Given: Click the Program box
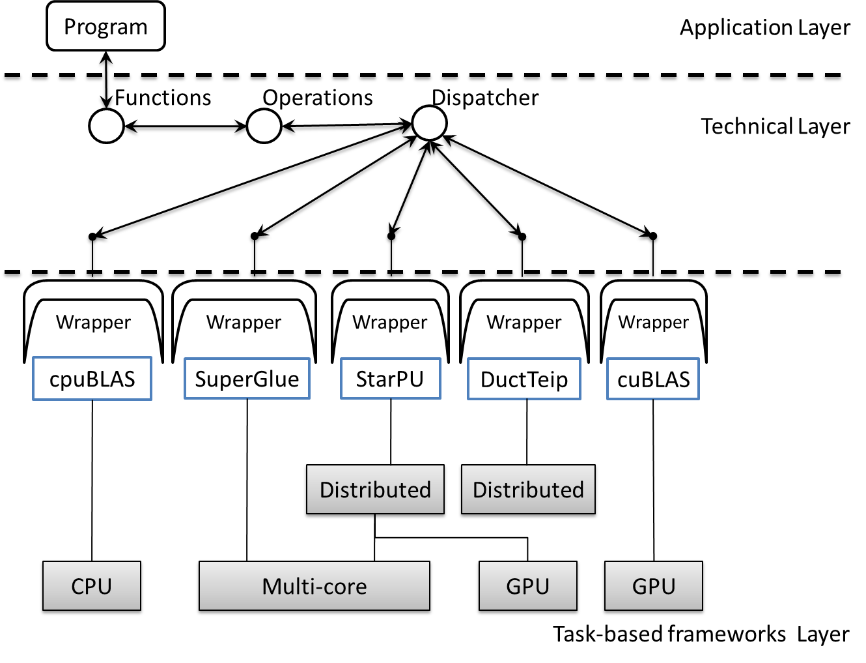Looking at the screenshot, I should tap(105, 27).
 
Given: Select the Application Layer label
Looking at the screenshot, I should tap(764, 28).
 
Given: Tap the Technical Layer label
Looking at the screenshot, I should tap(775, 126).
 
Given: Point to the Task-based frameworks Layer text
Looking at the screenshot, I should tap(701, 634).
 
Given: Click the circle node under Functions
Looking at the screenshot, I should tap(106, 126).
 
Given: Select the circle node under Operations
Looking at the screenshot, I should tap(263, 126).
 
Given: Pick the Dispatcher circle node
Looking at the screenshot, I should tap(429, 123).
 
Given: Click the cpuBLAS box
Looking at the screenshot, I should tap(92, 379).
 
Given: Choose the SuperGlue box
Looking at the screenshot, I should tap(247, 379).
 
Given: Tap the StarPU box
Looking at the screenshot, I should tap(389, 379).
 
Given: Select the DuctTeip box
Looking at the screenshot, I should tap(524, 379).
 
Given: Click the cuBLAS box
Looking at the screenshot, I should tap(653, 379).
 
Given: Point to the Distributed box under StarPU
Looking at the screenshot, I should tap(375, 490).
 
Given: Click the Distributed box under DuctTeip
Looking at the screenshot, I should tap(528, 490).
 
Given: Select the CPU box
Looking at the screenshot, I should tap(92, 587).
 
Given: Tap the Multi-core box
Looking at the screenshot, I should tap(314, 587).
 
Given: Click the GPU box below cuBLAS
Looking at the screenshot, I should tap(654, 587).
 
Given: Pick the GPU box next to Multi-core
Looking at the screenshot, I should tap(527, 587).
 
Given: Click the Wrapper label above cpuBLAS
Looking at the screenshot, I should tap(93, 322).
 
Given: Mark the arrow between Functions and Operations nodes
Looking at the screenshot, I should tap(184, 128).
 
